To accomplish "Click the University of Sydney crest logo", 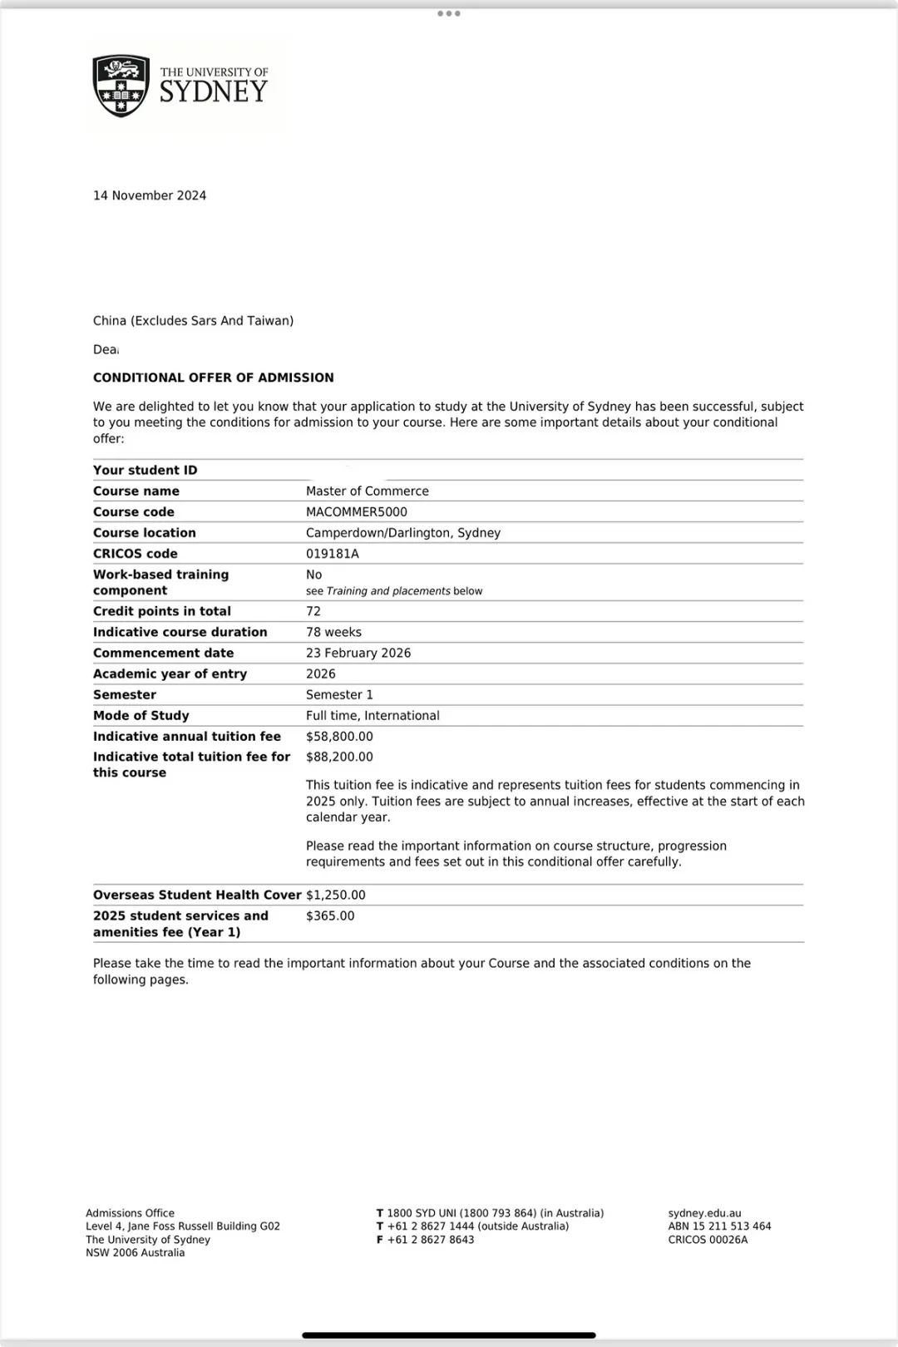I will tap(121, 86).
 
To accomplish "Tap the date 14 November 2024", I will tap(150, 195).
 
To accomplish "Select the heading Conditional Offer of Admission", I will tap(214, 377).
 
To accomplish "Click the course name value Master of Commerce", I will tap(368, 491).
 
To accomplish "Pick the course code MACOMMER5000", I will tap(357, 512).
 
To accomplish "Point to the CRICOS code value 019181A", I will tap(333, 554).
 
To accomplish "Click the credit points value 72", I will tap(313, 611).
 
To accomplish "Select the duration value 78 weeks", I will tap(333, 632).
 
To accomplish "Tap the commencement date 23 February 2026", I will tap(358, 653).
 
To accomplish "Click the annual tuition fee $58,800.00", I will tap(339, 737).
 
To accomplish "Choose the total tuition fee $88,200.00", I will tap(339, 757).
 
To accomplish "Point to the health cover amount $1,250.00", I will tap(336, 896).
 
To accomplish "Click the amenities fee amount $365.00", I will tap(330, 916).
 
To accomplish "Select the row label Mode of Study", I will tap(141, 716).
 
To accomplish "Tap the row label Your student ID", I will tap(146, 471).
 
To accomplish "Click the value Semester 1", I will tap(339, 695).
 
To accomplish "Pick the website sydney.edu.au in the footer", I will tap(704, 1213).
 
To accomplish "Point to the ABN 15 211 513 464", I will tap(719, 1226).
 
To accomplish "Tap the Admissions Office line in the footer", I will tap(131, 1213).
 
